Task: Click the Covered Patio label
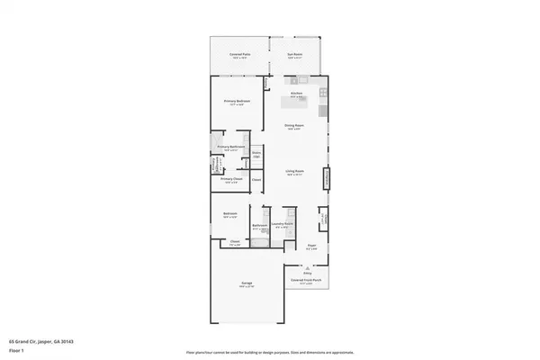[239, 55]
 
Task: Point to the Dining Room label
[293, 125]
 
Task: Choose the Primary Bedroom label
[237, 101]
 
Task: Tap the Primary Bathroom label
[231, 147]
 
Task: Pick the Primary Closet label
[231, 179]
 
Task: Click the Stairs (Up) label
[256, 156]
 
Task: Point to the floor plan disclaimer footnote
[269, 352]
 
